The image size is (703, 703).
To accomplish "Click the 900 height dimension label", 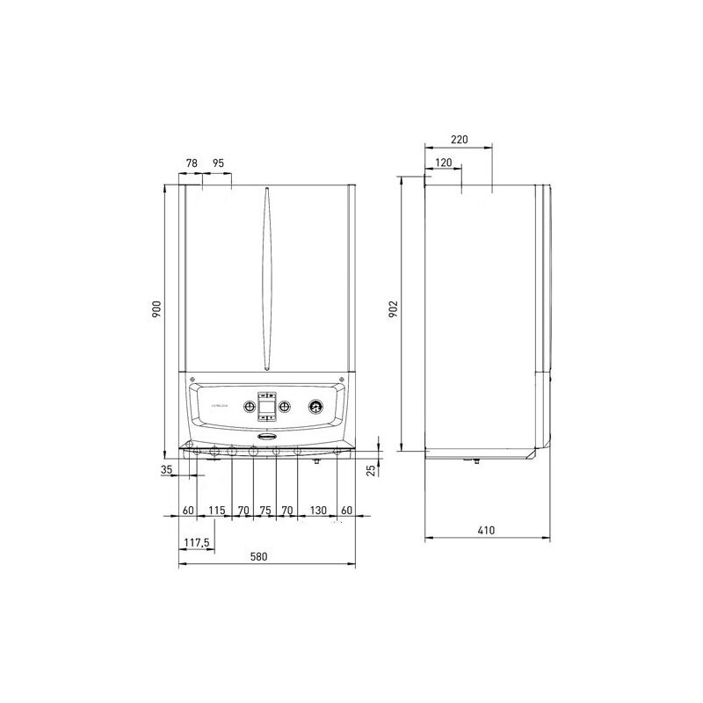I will [x=156, y=309].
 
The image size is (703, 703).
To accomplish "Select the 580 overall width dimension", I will [x=257, y=557].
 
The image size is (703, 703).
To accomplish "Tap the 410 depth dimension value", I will [x=486, y=530].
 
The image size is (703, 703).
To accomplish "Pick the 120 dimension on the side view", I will [x=443, y=163].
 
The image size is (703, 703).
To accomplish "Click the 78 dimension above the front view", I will [x=192, y=163].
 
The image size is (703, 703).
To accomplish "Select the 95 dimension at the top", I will [x=218, y=163].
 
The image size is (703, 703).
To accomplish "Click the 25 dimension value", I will [x=371, y=470].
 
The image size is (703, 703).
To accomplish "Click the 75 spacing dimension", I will [x=265, y=510].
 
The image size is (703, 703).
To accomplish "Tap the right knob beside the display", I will [x=285, y=408].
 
